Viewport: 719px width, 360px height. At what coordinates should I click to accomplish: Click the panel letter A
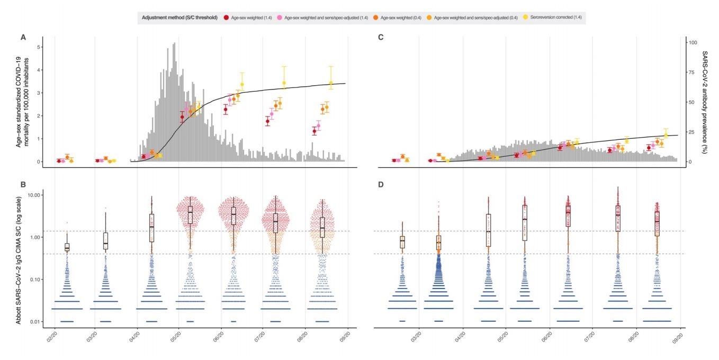click(x=23, y=37)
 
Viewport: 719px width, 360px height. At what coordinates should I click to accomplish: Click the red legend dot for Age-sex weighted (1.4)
click(x=227, y=17)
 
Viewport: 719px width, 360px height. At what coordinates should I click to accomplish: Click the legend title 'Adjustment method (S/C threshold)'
click(x=179, y=17)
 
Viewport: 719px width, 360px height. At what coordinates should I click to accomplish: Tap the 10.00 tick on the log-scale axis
click(x=31, y=195)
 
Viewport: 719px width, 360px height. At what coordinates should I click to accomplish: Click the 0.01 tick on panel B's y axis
click(x=33, y=321)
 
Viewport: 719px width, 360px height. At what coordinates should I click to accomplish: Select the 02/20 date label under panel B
click(x=53, y=336)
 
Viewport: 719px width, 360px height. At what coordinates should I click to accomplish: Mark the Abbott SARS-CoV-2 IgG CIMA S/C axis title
click(x=19, y=256)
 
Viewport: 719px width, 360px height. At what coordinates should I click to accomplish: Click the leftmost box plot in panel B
click(x=67, y=247)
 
